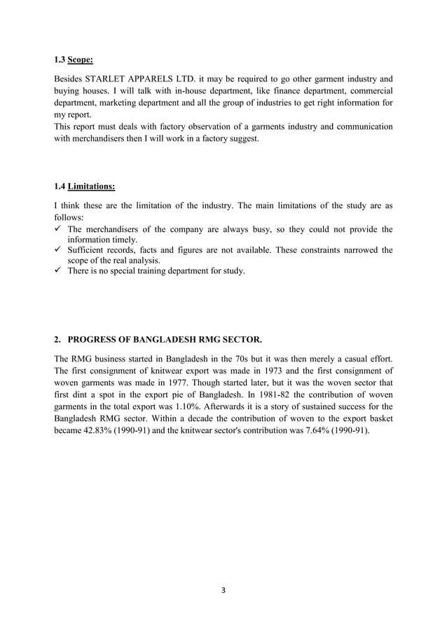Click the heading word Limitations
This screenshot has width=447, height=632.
coord(91,186)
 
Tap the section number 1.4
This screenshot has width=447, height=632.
coord(60,186)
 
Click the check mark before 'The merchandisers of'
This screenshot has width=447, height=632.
coord(58,229)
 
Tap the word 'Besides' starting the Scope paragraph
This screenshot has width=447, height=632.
coord(71,78)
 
